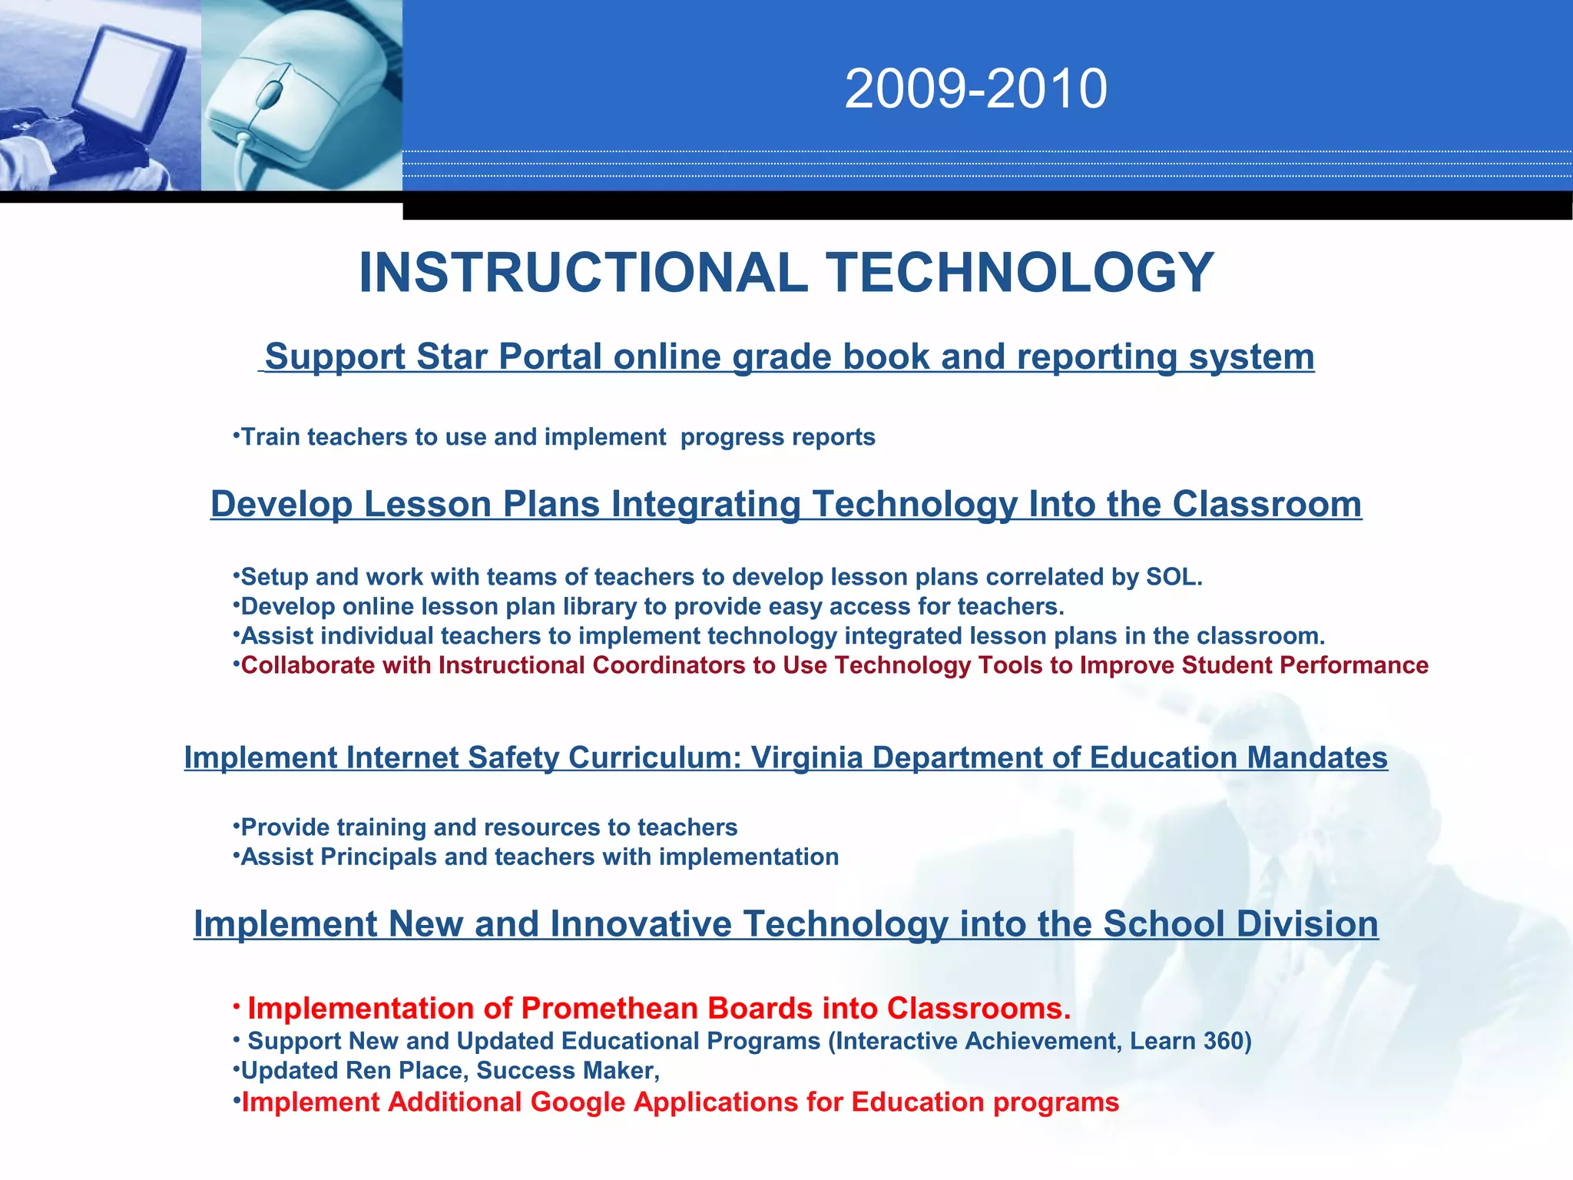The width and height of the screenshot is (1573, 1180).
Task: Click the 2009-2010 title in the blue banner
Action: pyautogui.click(x=975, y=89)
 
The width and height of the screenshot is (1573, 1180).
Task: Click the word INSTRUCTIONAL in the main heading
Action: pyautogui.click(x=583, y=273)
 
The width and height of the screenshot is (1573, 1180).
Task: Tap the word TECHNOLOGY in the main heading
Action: pyautogui.click(x=1019, y=273)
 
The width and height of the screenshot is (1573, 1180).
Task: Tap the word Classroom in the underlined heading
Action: pyautogui.click(x=1267, y=505)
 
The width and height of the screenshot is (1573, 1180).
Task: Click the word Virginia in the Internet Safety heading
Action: pyautogui.click(x=806, y=758)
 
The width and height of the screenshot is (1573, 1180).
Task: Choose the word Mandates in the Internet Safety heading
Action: pyautogui.click(x=1316, y=758)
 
